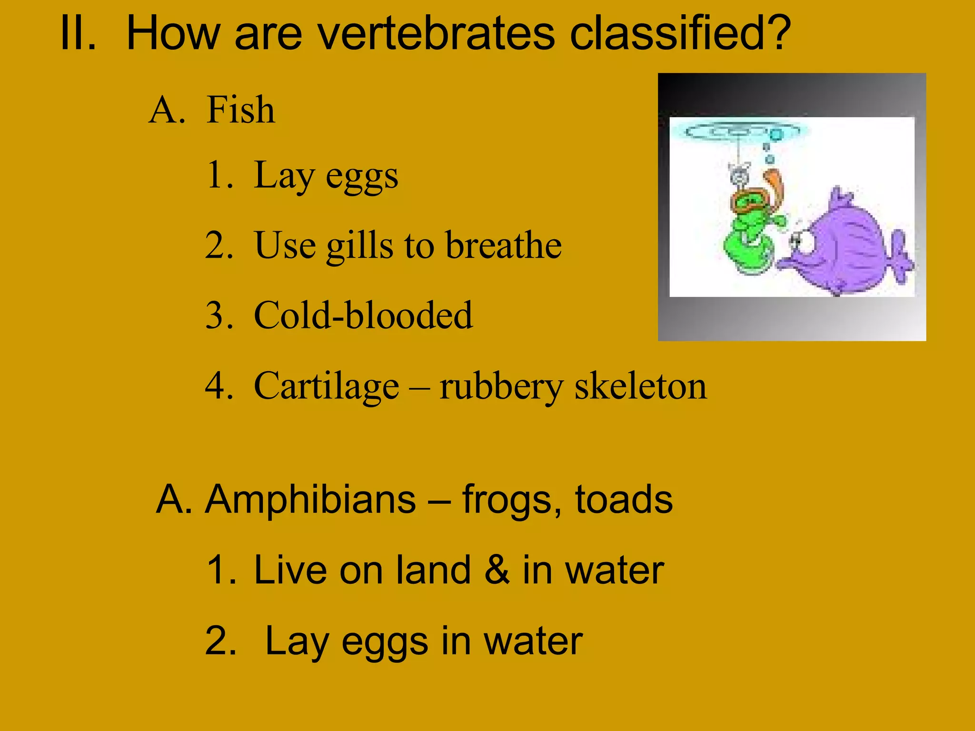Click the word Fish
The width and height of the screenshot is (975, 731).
coord(241,110)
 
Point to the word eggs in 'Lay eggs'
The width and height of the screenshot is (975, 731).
coord(362,178)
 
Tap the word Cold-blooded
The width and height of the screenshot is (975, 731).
coord(363,316)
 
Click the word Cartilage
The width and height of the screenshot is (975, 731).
coord(326,386)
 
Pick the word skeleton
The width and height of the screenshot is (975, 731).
coord(640,386)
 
